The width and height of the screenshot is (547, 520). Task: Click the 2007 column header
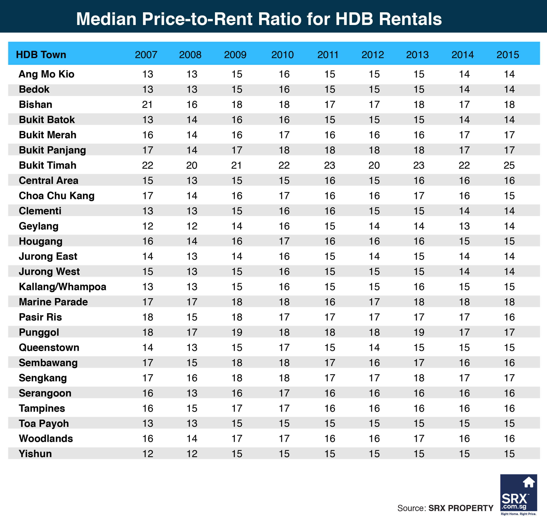(x=146, y=55)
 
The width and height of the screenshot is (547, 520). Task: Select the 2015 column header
(x=507, y=55)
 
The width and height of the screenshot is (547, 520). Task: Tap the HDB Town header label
(x=41, y=55)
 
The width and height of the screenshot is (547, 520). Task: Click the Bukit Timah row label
(x=47, y=165)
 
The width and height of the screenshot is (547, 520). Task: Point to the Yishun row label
(x=35, y=454)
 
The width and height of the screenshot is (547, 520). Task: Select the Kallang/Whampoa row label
(x=62, y=287)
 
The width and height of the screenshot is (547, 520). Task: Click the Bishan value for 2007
(x=147, y=105)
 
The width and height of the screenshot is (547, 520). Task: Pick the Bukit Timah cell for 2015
(x=509, y=165)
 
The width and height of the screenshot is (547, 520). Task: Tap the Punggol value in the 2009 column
(x=237, y=332)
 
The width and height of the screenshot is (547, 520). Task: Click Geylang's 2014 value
(x=464, y=226)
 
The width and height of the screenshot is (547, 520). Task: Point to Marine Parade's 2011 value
(x=330, y=302)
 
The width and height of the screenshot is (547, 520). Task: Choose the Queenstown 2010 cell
(x=284, y=347)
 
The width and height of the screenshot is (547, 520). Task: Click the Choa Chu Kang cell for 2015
(x=509, y=196)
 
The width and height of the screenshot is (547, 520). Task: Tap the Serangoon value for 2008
(x=192, y=393)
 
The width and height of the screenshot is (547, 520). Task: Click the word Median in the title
(x=106, y=19)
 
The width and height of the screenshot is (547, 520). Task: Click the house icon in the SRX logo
(x=528, y=482)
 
